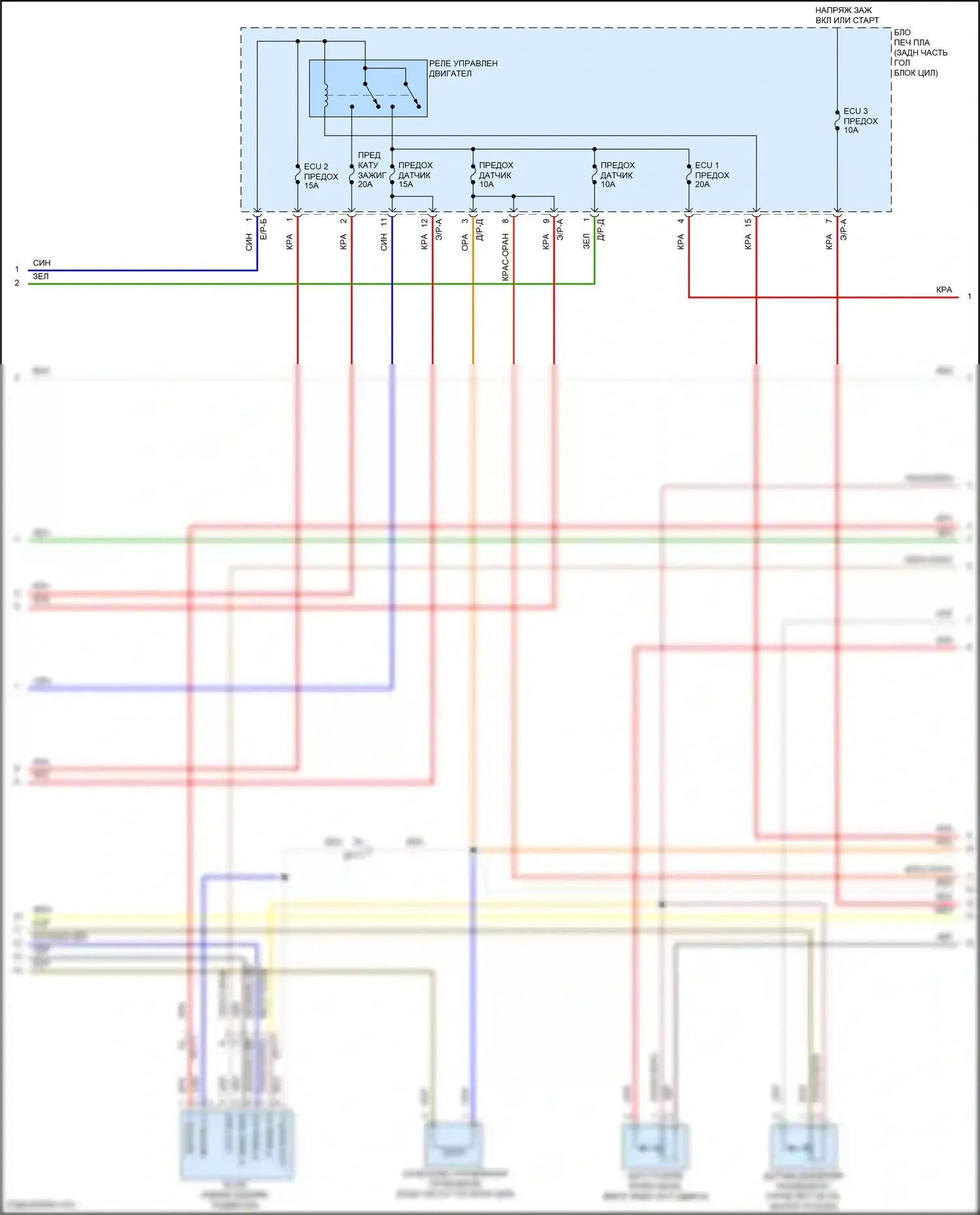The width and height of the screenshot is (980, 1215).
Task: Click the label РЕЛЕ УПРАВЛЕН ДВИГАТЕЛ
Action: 463,69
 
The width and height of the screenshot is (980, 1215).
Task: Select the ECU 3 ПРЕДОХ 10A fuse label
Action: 860,121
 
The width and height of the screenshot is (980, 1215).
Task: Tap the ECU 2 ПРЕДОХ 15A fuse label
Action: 320,176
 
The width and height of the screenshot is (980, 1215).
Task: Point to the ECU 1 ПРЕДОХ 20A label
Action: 711,175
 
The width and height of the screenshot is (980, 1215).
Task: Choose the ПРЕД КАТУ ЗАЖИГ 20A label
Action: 370,170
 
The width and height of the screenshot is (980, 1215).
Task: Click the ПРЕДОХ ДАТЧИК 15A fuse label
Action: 415,175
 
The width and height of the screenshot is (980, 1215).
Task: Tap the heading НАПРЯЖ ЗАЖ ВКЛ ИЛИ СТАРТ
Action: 847,15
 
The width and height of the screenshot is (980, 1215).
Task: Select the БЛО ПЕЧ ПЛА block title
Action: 919,52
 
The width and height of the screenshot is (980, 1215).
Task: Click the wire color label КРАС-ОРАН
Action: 505,257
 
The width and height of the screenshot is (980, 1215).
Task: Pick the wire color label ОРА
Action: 465,243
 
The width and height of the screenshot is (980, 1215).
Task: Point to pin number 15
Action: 748,222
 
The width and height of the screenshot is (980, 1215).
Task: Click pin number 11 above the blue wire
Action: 384,222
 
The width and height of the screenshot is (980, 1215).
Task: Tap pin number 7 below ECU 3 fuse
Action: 828,221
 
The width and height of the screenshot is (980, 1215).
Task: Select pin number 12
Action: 425,222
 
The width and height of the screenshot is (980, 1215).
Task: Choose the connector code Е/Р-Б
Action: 264,229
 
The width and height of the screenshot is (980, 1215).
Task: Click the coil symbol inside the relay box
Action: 325,94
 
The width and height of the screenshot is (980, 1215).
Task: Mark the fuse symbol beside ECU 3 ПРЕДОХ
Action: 837,121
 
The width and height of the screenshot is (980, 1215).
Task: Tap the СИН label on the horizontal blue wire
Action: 42,262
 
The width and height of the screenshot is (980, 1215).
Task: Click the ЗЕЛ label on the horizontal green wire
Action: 41,276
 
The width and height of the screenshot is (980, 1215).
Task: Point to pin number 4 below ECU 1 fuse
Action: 681,221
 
